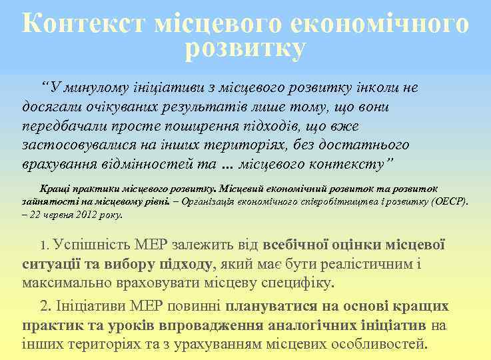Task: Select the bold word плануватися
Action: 270,307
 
